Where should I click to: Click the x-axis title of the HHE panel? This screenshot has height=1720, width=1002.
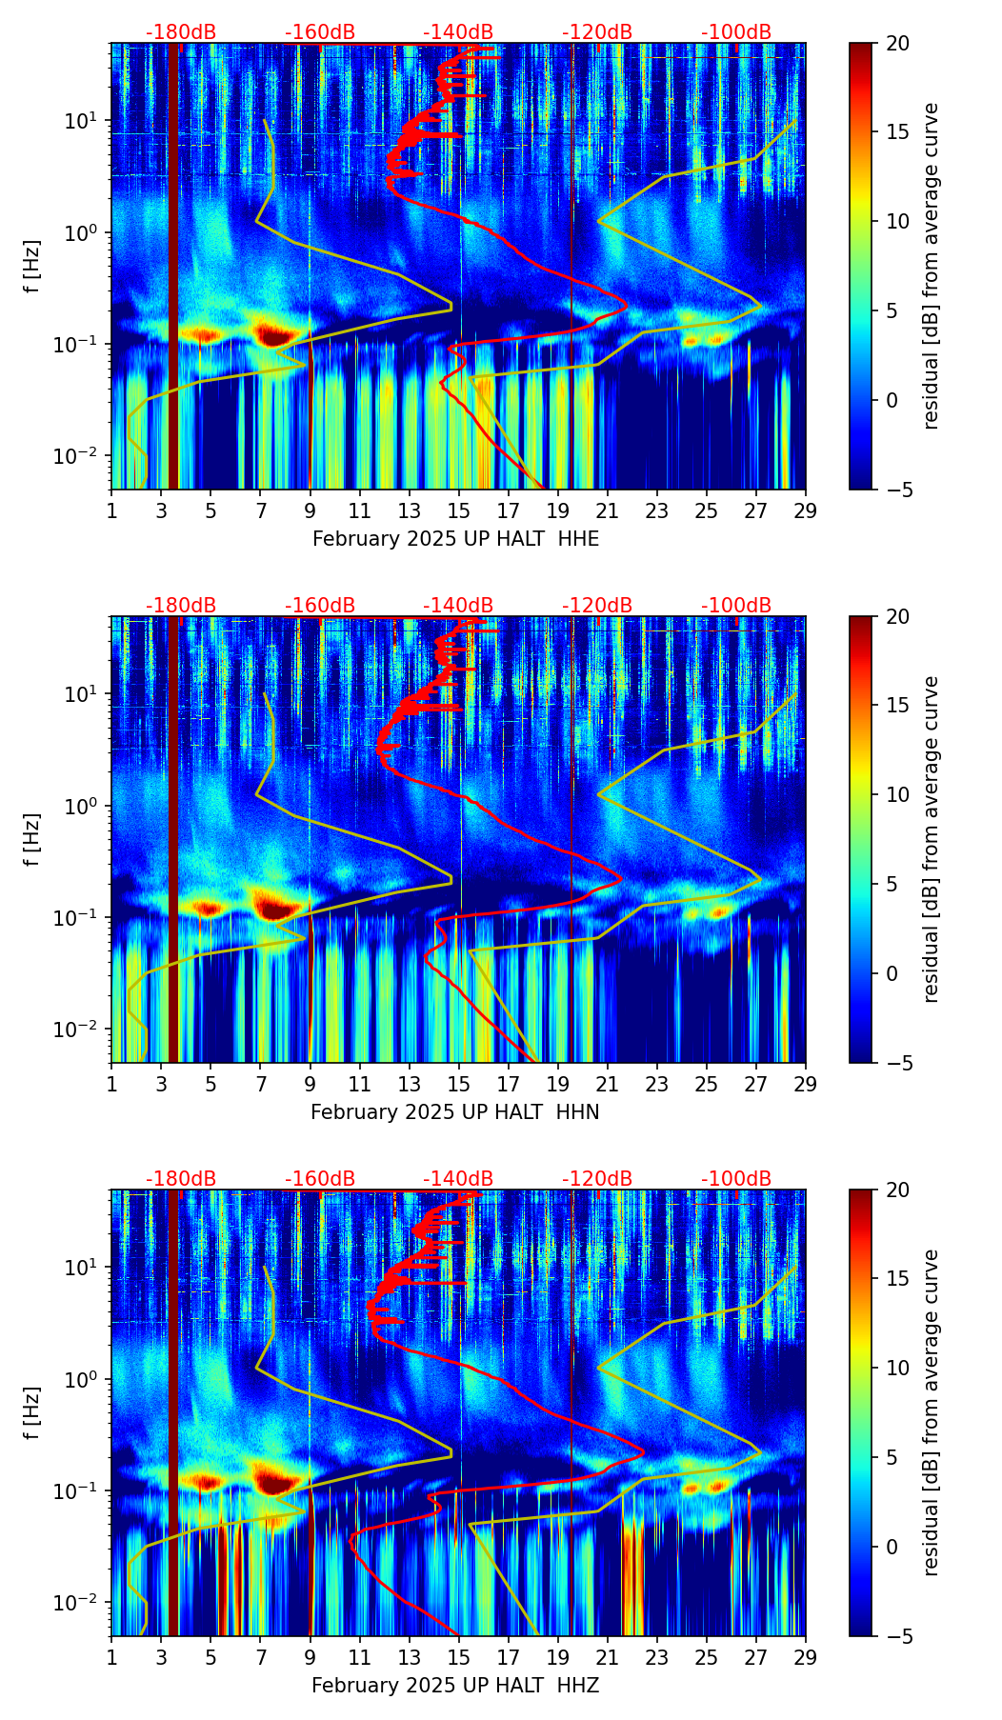[x=455, y=539]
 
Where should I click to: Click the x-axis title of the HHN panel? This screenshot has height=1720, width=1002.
[x=455, y=1112]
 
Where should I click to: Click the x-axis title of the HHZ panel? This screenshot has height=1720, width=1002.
[x=455, y=1686]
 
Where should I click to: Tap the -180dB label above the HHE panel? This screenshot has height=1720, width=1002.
[x=181, y=32]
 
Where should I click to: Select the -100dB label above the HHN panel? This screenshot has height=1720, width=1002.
[x=736, y=606]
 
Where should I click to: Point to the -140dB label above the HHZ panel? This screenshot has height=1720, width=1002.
[x=458, y=1179]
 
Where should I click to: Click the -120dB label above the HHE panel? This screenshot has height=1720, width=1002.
[x=597, y=32]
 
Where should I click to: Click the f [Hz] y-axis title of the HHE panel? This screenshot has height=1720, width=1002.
[x=33, y=267]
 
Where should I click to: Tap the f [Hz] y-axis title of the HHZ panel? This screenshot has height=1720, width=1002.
[x=33, y=1413]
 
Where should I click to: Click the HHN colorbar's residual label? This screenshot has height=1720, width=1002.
[x=932, y=839]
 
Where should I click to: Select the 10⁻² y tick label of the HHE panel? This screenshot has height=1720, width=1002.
[x=80, y=457]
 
